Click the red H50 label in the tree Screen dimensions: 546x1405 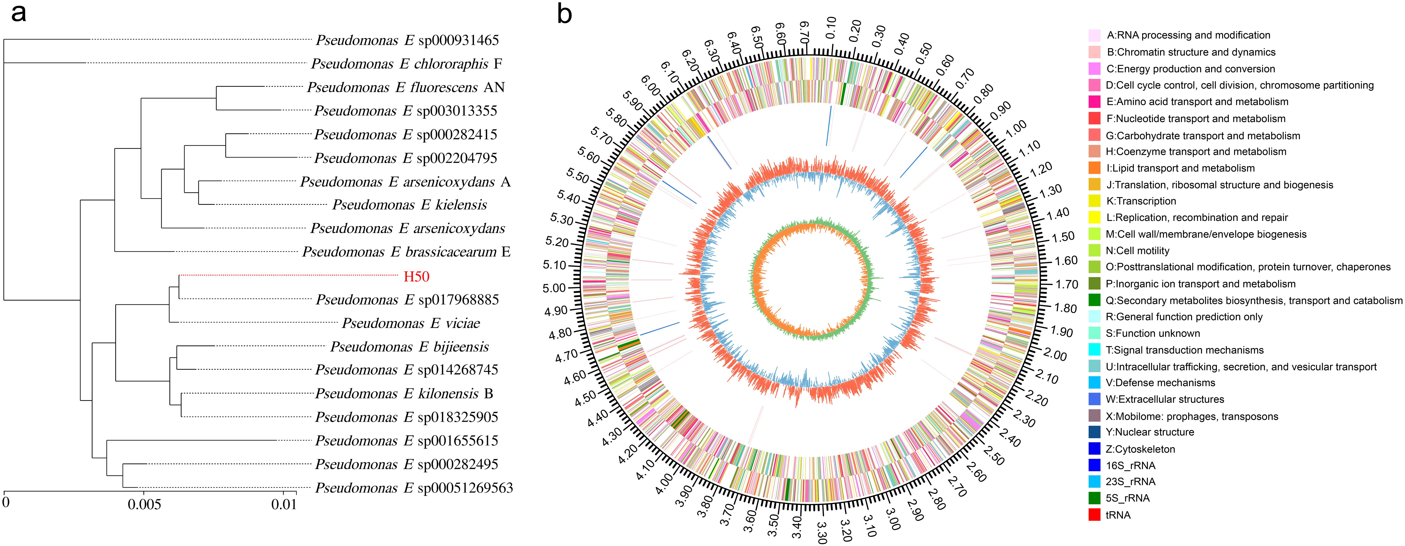click(x=416, y=277)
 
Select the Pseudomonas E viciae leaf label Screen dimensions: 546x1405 click(x=411, y=323)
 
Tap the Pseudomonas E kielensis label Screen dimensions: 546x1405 click(x=410, y=205)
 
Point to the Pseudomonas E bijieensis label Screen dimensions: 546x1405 click(x=410, y=347)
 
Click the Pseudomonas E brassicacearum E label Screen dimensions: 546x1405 click(x=406, y=252)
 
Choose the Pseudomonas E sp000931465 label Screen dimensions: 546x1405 click(x=407, y=40)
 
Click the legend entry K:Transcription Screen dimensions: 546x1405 click(x=1141, y=201)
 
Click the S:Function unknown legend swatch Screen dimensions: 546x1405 click(x=1094, y=333)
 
